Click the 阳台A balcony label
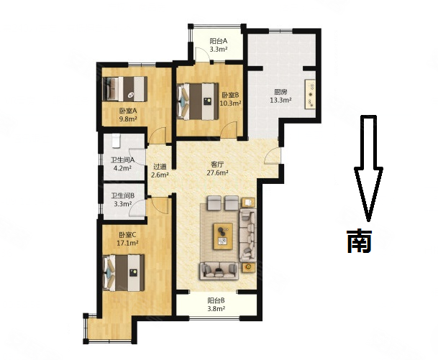pos(219,42)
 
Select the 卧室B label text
pos(230,95)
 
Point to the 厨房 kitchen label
pos(280,92)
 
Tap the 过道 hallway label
pos(160,165)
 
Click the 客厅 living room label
pos(217,164)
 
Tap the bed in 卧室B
pos(196,101)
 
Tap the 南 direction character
pos(359,241)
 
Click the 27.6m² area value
pos(217,173)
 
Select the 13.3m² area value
pos(280,101)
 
